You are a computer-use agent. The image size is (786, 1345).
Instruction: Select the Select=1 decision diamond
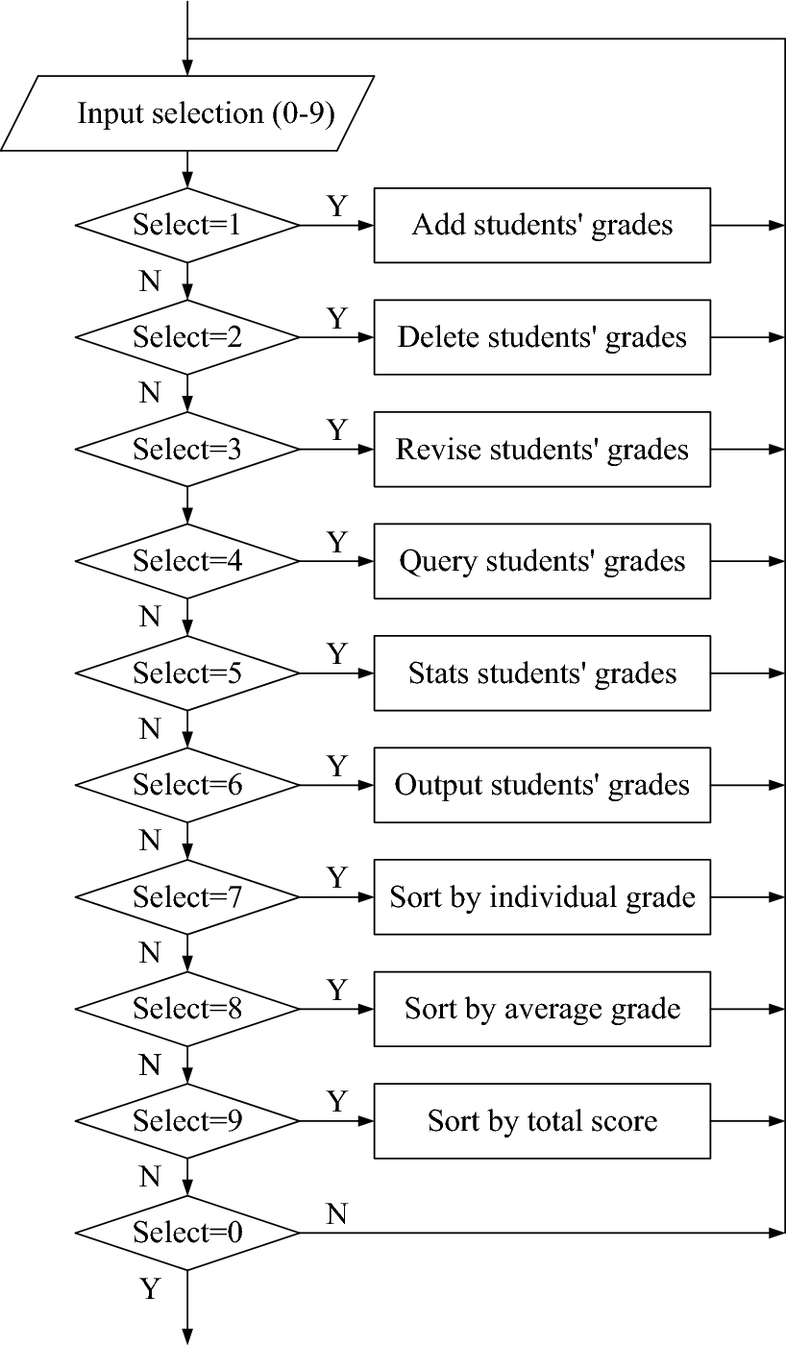click(187, 226)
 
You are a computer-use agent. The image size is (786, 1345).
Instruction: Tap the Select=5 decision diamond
click(187, 673)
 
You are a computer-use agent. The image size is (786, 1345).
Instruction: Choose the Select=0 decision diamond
click(187, 1233)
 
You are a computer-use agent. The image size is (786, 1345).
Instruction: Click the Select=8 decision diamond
click(187, 1009)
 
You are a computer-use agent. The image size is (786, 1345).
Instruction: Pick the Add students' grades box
click(542, 226)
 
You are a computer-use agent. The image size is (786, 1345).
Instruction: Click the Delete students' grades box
click(542, 337)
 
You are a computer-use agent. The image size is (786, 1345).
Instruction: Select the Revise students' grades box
click(542, 450)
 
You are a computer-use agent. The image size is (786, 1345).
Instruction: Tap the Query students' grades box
click(542, 561)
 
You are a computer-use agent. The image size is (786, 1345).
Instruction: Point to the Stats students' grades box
click(542, 673)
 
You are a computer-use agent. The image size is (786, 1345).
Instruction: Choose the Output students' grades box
click(542, 785)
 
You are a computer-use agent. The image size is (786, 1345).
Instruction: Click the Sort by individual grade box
click(542, 897)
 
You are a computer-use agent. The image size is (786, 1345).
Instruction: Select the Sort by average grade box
click(542, 1009)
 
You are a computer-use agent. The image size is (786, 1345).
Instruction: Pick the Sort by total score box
click(542, 1121)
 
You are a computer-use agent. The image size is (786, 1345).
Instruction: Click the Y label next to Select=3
click(336, 430)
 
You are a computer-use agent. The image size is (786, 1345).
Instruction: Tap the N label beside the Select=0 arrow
click(336, 1215)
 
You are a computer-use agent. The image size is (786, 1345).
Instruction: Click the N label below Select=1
click(150, 281)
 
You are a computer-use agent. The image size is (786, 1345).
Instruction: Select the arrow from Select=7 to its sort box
click(336, 897)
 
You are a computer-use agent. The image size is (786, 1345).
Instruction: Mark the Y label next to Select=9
click(336, 1102)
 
